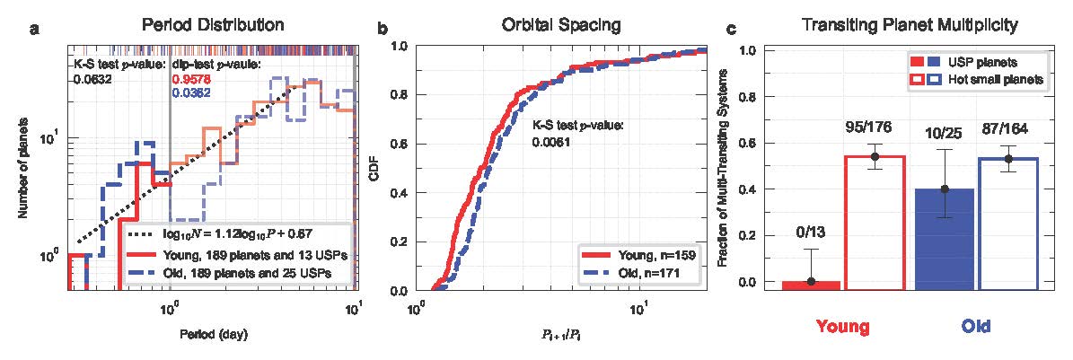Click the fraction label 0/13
click(811, 232)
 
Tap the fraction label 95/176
click(874, 127)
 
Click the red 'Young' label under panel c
click(841, 327)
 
